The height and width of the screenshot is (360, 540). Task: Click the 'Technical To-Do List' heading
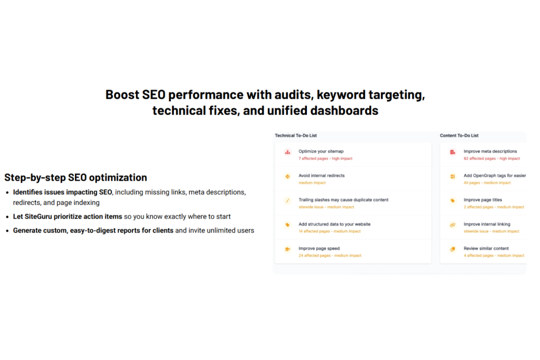click(295, 135)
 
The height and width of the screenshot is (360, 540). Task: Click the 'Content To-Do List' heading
click(459, 135)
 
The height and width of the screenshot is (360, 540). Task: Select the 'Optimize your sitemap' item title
click(321, 151)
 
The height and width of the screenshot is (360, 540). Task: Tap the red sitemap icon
click(287, 152)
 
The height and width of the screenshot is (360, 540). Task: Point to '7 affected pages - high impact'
click(325, 159)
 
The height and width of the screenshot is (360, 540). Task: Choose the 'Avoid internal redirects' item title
click(321, 176)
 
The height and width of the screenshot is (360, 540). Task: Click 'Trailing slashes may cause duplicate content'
click(343, 200)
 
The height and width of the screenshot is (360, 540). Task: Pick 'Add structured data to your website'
click(334, 224)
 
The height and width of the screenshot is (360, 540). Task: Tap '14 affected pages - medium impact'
click(330, 231)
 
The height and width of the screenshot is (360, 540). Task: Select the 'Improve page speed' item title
click(319, 248)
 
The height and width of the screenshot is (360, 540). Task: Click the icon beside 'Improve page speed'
click(287, 249)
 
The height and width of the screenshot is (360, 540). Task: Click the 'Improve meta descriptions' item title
click(490, 151)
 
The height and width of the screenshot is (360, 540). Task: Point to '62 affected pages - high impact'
click(491, 159)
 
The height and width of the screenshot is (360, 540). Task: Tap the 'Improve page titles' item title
click(483, 200)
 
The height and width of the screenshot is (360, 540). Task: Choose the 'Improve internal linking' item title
click(487, 224)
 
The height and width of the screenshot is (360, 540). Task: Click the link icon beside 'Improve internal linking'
click(452, 225)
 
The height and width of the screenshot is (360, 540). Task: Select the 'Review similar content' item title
click(486, 248)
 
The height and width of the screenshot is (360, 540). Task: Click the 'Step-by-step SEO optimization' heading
click(75, 178)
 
